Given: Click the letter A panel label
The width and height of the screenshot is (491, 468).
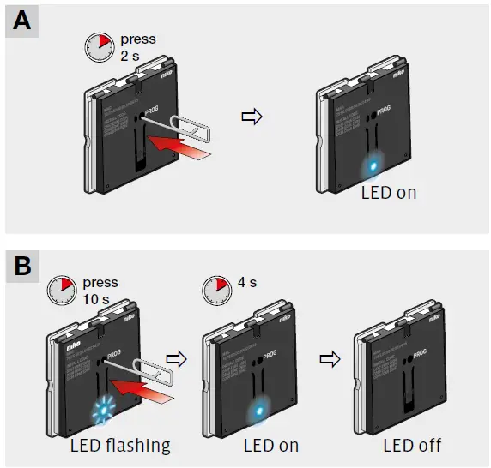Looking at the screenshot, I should tap(21, 21).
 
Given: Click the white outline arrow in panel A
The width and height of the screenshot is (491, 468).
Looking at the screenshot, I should tap(252, 117).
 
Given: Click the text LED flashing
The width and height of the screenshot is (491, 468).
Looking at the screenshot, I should tap(120, 446).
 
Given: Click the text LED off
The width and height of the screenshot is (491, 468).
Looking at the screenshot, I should tap(412, 446).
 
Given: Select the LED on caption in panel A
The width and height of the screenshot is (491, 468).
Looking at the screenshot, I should tap(388, 193).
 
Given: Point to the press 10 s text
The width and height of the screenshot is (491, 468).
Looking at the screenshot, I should tap(101, 291).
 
